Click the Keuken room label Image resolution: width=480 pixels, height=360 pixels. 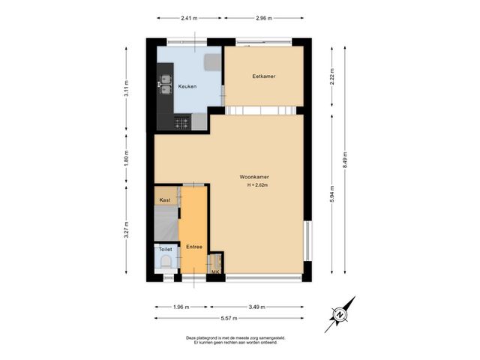(x=187, y=86)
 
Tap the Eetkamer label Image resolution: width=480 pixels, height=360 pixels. (x=263, y=76)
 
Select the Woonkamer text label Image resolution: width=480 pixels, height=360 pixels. (x=254, y=177)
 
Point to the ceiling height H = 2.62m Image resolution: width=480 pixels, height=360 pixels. (x=257, y=185)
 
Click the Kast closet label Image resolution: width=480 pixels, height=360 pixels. (x=165, y=200)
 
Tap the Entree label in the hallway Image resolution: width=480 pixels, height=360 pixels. (x=193, y=246)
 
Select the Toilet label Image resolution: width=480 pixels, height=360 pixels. (x=165, y=249)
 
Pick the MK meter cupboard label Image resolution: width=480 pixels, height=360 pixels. (x=215, y=271)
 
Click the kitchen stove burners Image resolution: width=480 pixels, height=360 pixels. (x=181, y=122)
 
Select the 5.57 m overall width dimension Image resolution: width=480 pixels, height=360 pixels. (x=230, y=319)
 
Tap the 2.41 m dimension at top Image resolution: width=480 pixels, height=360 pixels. (x=190, y=17)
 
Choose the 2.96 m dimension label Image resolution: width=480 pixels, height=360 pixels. (x=263, y=17)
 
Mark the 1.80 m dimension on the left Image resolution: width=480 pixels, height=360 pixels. (x=127, y=159)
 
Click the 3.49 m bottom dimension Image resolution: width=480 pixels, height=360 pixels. (x=256, y=307)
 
